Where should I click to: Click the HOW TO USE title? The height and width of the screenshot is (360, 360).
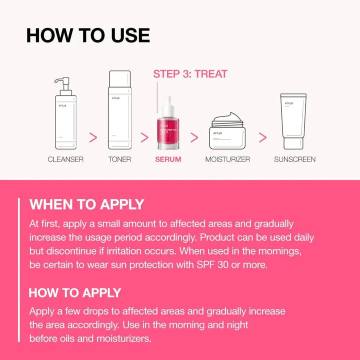pos(88,35)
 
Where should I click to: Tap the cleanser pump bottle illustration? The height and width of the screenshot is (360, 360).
pos(66,120)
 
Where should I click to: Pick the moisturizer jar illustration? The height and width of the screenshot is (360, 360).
pos(226,132)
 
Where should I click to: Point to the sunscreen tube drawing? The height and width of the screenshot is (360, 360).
pos(293,121)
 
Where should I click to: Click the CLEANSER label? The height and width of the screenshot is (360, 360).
pos(65,159)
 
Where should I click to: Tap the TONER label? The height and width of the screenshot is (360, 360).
pos(119,159)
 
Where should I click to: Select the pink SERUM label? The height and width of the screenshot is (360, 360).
pos(168,159)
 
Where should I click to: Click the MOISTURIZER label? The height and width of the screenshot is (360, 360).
pos(227,159)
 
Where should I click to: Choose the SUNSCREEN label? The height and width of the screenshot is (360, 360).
pos(294,159)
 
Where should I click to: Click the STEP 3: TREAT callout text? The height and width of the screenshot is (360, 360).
pos(190,74)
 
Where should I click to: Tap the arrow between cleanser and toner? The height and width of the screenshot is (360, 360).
pos(93,137)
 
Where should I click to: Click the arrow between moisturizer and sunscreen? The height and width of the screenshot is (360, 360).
pos(262,137)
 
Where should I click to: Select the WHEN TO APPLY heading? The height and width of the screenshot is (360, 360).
pos(86,204)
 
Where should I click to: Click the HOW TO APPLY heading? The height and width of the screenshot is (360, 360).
pos(75,293)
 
